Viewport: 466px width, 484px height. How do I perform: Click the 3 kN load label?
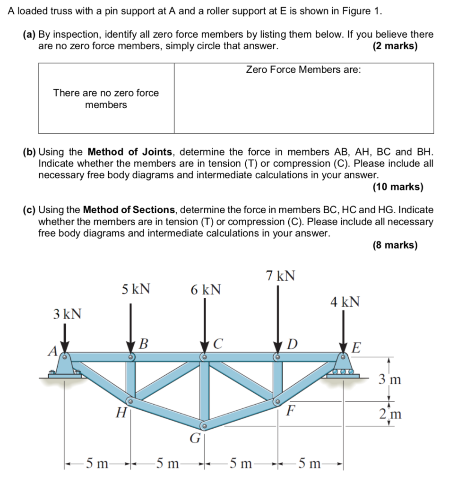pyautogui.click(x=67, y=314)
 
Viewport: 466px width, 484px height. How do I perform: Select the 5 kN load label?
pyautogui.click(x=136, y=289)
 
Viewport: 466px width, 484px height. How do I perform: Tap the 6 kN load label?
pyautogui.click(x=206, y=289)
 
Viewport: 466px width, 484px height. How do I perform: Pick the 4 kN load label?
pyautogui.click(x=345, y=302)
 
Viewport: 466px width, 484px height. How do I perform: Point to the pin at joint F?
pyautogui.click(x=277, y=402)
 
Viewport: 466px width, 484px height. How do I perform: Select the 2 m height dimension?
pyautogui.click(x=390, y=415)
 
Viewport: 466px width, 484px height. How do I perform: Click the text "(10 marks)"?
pyautogui.click(x=397, y=187)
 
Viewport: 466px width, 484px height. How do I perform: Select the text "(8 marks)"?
pyautogui.click(x=395, y=245)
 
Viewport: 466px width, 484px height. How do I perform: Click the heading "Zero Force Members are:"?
pyautogui.click(x=303, y=70)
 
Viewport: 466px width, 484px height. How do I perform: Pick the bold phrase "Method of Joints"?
pyautogui.click(x=130, y=152)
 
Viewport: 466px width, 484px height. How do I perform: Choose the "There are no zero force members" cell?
pyautogui.click(x=106, y=98)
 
